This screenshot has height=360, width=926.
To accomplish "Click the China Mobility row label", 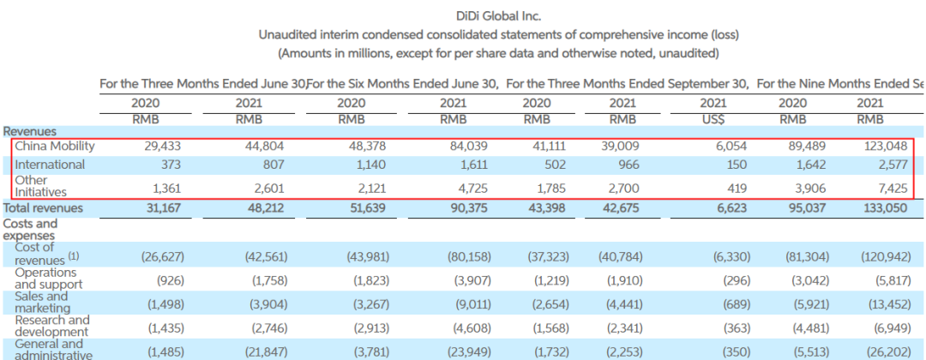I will point(54,146).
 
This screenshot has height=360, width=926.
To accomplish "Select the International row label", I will point(50,164).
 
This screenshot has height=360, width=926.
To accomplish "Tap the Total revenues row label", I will point(44,207).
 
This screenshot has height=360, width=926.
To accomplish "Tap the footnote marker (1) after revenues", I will point(74,255).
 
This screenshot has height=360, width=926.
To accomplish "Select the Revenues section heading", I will point(30,131).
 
